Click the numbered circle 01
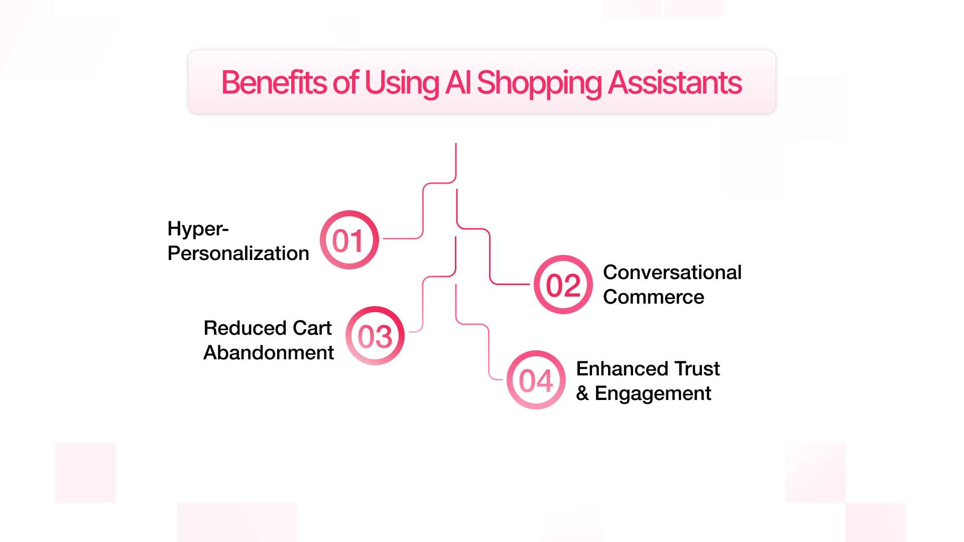click(x=349, y=240)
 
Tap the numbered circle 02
click(x=563, y=285)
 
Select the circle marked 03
click(x=375, y=336)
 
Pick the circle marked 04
click(x=536, y=380)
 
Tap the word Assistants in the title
click(x=675, y=82)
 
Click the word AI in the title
click(x=458, y=82)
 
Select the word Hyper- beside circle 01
click(x=198, y=230)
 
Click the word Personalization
click(x=238, y=253)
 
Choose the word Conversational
click(x=672, y=273)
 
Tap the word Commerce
click(x=654, y=297)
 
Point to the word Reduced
click(x=245, y=328)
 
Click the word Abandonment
click(x=269, y=353)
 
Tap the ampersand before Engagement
click(x=582, y=393)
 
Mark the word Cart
click(x=312, y=328)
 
